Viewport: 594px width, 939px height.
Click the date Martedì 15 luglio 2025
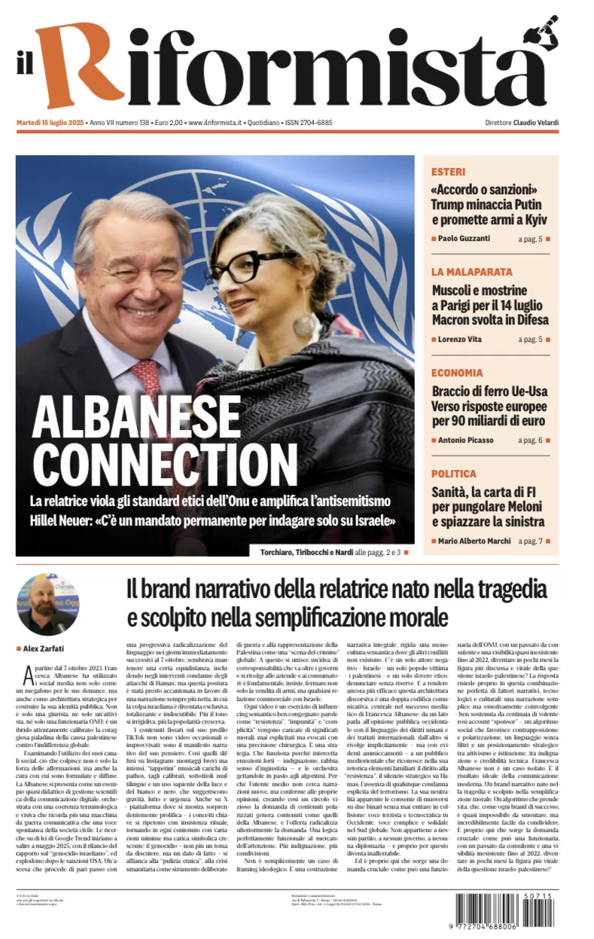[x=50, y=123]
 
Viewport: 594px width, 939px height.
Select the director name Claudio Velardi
[x=535, y=123]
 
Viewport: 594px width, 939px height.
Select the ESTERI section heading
[x=448, y=172]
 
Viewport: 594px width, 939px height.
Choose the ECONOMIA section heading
[x=457, y=373]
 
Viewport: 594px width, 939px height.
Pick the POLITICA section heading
[x=453, y=474]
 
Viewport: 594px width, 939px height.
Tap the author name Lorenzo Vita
[x=461, y=340]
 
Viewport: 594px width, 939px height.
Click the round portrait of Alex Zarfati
[x=47, y=604]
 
